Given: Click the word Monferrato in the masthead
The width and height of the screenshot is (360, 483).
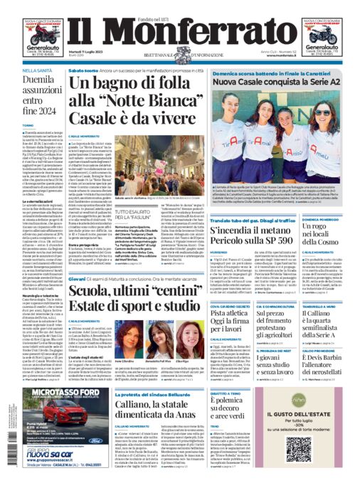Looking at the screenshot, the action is (179, 34).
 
